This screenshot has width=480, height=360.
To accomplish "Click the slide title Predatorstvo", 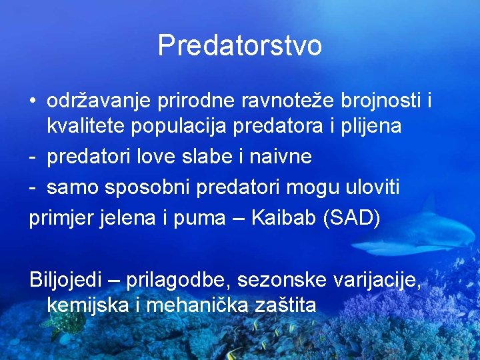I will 240,46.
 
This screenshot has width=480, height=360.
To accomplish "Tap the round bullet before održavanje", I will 33,101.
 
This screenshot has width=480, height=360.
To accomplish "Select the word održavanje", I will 100,101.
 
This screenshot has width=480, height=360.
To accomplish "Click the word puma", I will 201,219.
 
